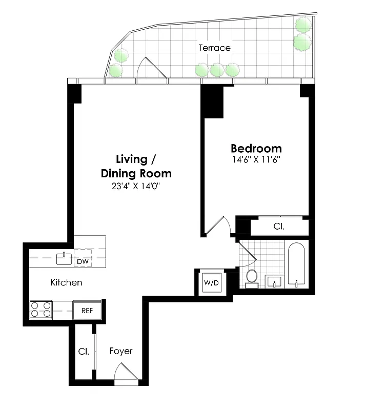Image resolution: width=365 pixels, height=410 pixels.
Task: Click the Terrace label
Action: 215,48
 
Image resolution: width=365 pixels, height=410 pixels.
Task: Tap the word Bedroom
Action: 256,149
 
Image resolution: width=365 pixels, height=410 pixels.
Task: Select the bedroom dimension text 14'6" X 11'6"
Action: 256,160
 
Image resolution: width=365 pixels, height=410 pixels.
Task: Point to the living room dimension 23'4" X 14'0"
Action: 136,187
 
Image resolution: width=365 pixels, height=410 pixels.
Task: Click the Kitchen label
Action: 66,282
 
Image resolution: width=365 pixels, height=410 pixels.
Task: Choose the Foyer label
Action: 121,351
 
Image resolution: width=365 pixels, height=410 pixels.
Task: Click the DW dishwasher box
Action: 82,261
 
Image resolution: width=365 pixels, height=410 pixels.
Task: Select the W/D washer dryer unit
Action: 211,282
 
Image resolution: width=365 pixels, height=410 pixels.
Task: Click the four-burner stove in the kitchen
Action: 41,310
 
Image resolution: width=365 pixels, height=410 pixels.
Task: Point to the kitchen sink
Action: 64,258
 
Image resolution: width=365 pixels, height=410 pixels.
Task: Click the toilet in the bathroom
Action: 252,277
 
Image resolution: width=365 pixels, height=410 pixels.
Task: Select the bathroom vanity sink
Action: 274,281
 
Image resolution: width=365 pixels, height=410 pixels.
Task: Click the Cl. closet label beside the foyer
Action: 83,352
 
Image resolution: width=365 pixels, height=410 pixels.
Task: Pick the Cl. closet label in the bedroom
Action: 279,226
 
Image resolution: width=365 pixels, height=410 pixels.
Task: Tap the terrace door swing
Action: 153,69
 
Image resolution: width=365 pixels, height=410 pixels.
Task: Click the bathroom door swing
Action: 247,252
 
